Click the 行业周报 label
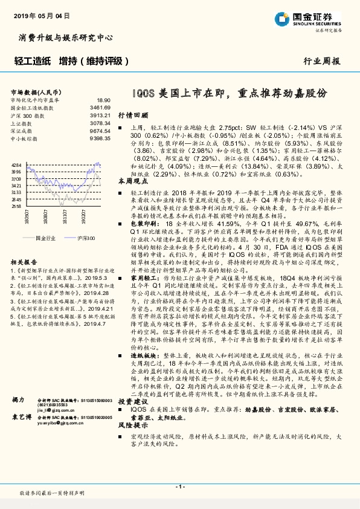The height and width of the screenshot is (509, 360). pos(321,62)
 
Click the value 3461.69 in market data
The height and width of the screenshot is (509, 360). pos(100,107)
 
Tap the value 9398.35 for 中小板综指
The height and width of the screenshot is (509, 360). pos(100,138)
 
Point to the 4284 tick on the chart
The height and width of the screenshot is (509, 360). pos(16,164)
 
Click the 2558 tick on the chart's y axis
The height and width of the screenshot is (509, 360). pos(16,206)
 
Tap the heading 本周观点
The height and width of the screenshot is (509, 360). pos(132,181)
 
